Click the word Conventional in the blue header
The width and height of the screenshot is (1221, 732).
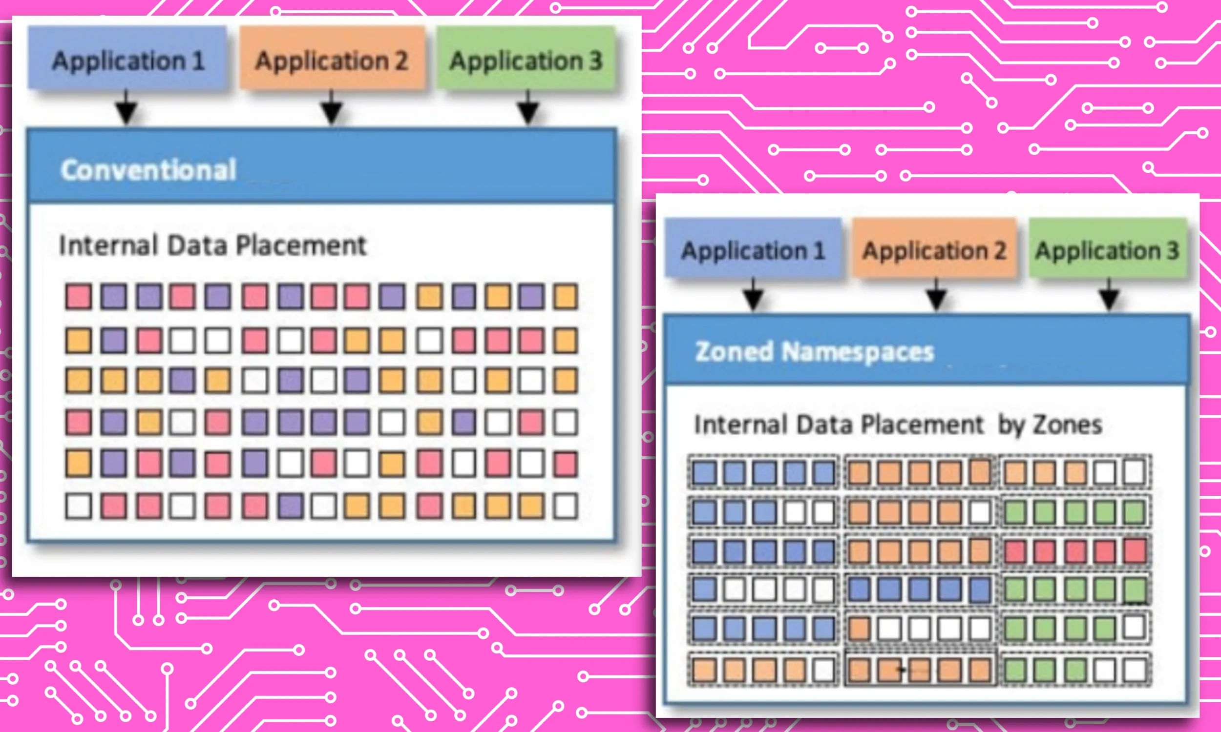pos(148,170)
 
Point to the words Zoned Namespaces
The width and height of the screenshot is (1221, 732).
pos(814,352)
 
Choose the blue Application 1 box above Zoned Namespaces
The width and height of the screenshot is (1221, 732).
pos(753,249)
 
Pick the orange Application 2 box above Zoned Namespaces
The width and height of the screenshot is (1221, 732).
pos(934,249)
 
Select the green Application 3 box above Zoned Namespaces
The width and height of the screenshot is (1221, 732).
pos(1108,249)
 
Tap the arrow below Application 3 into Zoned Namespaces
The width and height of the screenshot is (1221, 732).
pos(1109,296)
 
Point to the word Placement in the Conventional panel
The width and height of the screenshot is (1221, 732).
pos(301,245)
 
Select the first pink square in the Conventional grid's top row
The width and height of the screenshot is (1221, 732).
pos(79,296)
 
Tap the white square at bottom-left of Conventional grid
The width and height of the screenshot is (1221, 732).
pos(79,506)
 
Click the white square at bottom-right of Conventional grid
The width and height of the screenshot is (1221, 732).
pos(565,506)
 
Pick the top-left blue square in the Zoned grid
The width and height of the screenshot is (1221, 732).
pos(704,472)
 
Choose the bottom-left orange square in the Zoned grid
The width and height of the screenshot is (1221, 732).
pos(704,671)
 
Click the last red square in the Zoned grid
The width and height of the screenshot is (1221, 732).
pos(1135,550)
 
